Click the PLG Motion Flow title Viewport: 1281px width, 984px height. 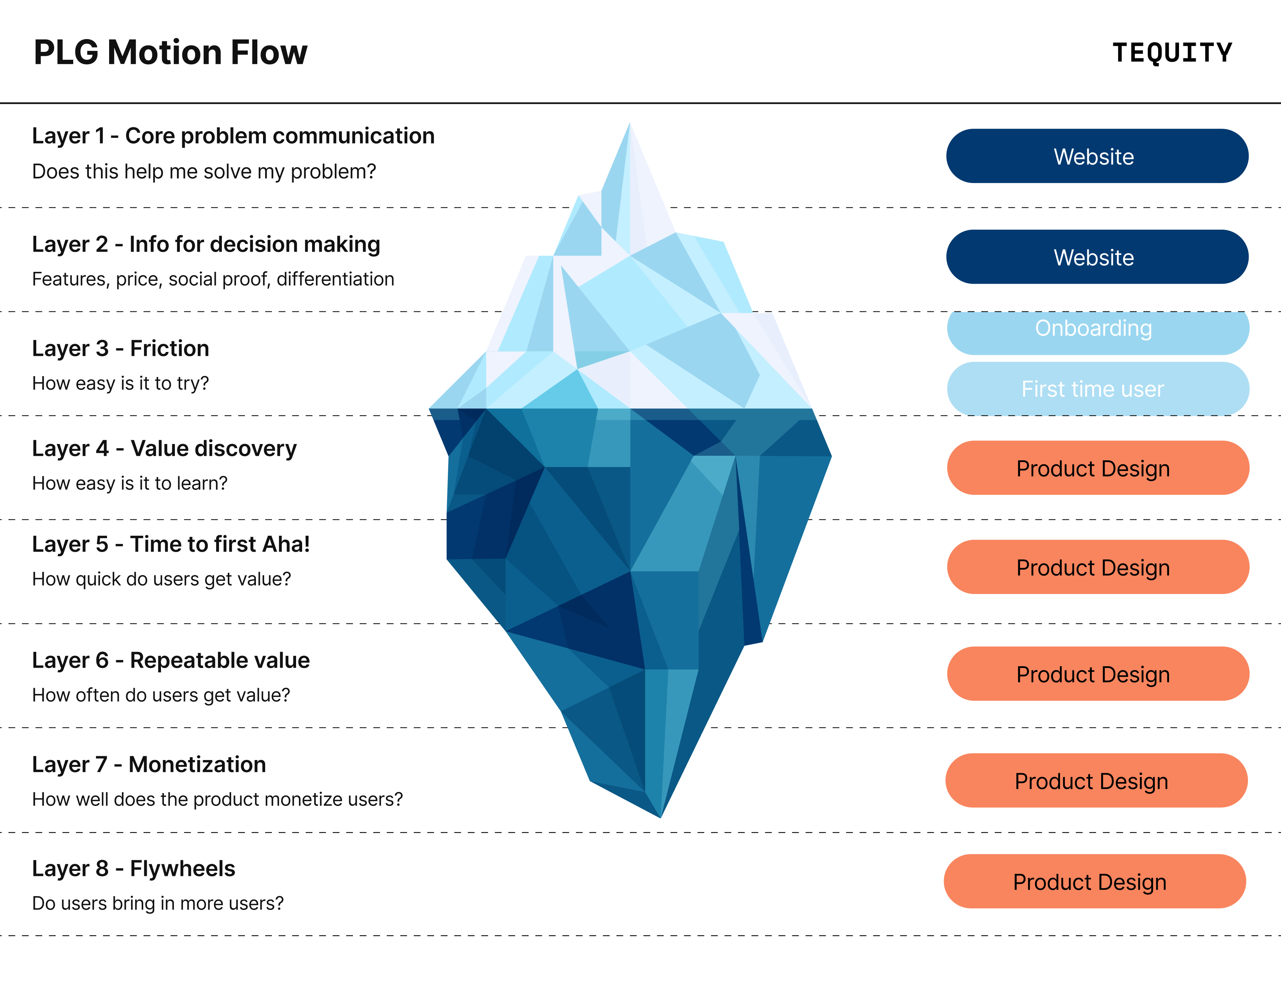(x=170, y=53)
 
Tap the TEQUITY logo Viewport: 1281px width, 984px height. (x=1172, y=53)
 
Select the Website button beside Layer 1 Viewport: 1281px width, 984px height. (x=1097, y=156)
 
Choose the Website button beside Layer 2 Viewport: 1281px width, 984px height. (x=1097, y=257)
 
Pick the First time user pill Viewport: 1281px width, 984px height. (x=1097, y=388)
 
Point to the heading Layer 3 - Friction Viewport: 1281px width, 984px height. (x=120, y=348)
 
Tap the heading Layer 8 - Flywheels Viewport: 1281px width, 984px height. (x=134, y=868)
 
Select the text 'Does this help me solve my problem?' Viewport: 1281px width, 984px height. (x=204, y=172)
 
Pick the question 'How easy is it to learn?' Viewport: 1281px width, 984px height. (x=129, y=483)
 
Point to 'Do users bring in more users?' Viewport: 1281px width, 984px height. (x=157, y=903)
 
